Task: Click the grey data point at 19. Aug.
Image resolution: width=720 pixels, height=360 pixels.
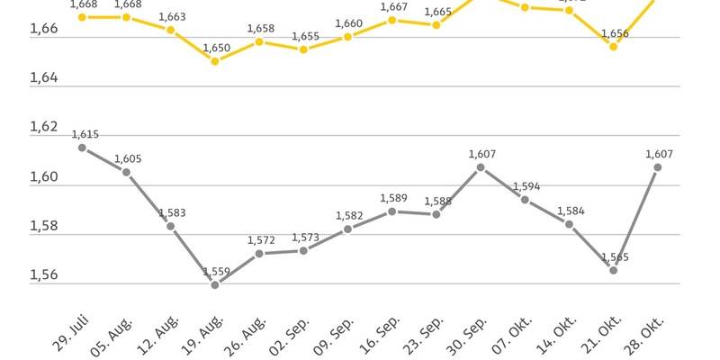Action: [x=215, y=284]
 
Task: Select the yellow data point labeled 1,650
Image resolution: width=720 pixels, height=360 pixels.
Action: [x=215, y=60]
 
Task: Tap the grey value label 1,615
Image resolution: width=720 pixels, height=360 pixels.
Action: [x=85, y=134]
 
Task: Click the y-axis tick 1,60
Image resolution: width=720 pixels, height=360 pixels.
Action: [x=19, y=176]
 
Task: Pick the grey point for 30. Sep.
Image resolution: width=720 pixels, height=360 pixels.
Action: [x=481, y=167]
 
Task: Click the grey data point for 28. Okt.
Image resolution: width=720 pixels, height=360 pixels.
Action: [x=658, y=167]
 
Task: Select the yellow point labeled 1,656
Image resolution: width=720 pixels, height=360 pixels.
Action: [x=613, y=46]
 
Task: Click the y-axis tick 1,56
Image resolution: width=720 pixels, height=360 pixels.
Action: [x=19, y=275]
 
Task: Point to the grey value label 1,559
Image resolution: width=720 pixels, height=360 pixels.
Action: [x=216, y=272]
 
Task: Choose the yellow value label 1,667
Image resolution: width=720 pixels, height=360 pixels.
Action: [x=393, y=7]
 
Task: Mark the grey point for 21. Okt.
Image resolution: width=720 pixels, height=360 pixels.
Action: [x=613, y=270]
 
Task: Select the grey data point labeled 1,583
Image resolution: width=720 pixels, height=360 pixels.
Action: [x=171, y=226]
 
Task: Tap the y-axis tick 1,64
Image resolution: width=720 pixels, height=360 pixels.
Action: [x=19, y=78]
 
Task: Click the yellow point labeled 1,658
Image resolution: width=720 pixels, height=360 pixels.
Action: [x=259, y=41]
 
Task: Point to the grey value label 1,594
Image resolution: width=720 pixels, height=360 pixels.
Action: [x=526, y=187]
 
